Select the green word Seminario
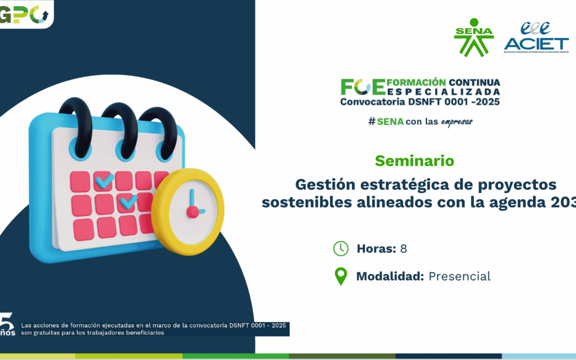(x=414, y=160)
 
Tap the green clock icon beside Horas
(x=340, y=249)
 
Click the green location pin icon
(x=340, y=277)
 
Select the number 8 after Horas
(x=403, y=249)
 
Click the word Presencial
(x=459, y=276)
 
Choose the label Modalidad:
(x=390, y=276)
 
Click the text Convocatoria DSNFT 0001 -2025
(x=420, y=101)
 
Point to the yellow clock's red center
(x=193, y=212)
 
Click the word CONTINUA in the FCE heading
(x=474, y=82)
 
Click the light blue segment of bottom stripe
(x=539, y=356)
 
